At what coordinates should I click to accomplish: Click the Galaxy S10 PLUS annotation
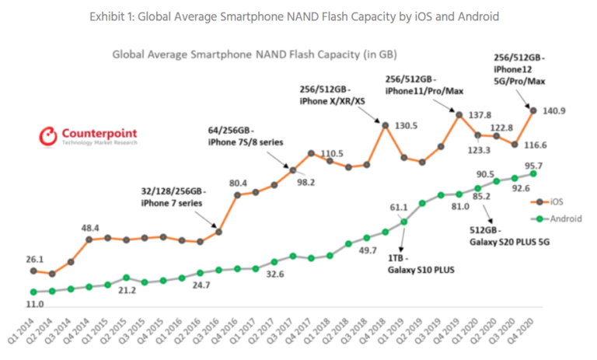pos(411,265)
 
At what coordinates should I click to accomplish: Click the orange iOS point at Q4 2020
pos(534,110)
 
